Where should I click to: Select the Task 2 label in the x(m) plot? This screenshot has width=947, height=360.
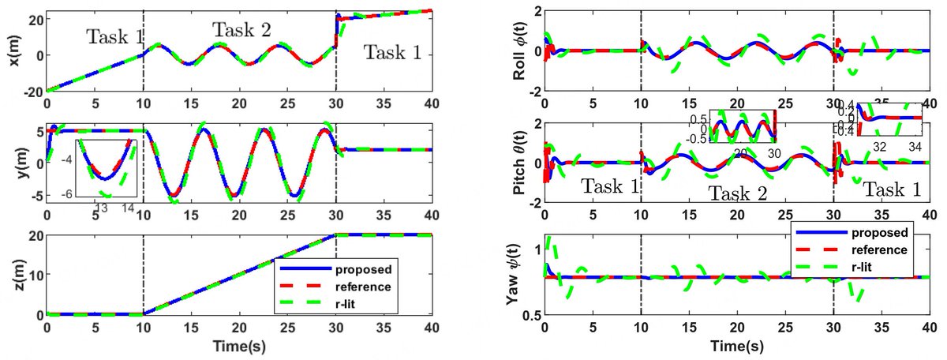point(241,31)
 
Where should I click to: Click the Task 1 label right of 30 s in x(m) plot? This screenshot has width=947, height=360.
point(392,53)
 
